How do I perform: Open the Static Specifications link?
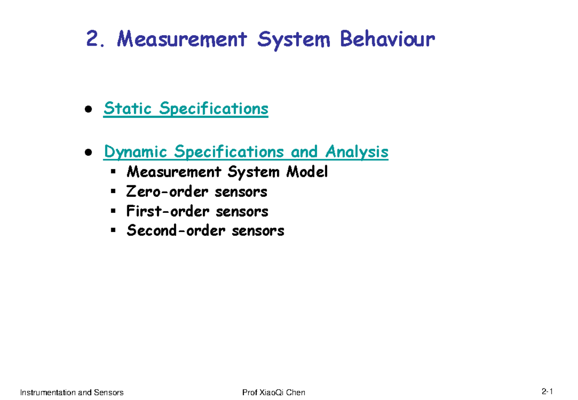click(186, 109)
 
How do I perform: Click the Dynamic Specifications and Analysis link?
click(246, 152)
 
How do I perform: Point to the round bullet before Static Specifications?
click(89, 109)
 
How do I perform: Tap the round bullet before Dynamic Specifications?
click(89, 153)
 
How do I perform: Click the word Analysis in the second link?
click(356, 152)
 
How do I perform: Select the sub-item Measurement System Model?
click(227, 172)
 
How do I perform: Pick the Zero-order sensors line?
click(197, 192)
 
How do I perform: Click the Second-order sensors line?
click(205, 231)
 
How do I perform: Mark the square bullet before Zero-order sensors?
click(113, 192)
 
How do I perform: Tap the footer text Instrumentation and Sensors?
click(72, 392)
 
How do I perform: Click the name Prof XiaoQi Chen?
click(274, 392)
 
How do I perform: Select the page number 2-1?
click(547, 391)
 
